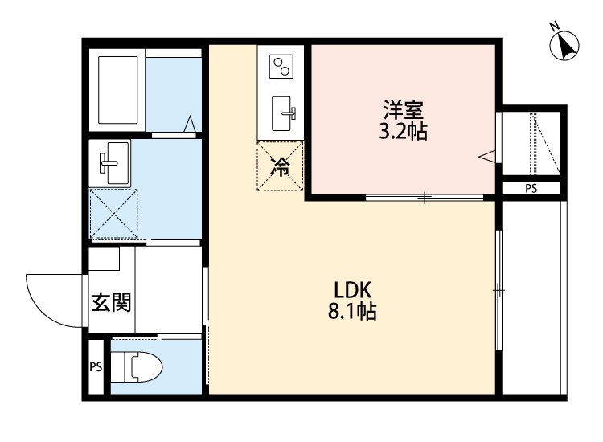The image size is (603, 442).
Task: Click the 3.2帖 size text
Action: [403, 132]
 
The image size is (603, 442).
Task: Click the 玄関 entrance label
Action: [111, 303]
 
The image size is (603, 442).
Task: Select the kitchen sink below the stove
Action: [282, 113]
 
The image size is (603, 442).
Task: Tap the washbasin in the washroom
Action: [111, 162]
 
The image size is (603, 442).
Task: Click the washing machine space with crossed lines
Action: [113, 214]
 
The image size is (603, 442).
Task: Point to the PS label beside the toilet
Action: [96, 369]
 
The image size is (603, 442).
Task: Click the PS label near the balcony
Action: [531, 189]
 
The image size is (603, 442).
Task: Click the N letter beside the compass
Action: [555, 27]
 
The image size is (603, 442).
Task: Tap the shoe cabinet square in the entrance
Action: [105, 260]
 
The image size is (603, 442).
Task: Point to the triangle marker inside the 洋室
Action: [486, 156]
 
